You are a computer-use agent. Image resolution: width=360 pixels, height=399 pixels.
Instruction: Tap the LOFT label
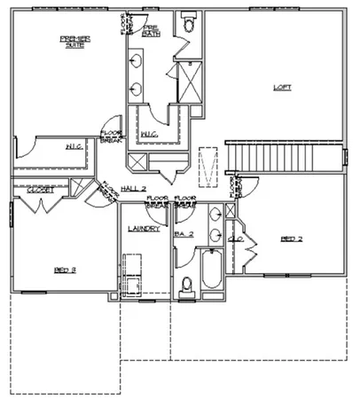pos(281,87)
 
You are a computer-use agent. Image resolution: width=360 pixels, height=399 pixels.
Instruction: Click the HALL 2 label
pos(133,189)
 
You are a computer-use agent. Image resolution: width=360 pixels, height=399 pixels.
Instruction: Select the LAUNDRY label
pos(144,228)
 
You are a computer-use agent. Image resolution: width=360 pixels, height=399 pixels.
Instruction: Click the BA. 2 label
pos(184,234)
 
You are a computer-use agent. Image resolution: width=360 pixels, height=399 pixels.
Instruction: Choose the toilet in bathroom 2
pos(185,286)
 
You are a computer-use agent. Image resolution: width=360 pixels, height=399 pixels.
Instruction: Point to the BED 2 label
pos(293,239)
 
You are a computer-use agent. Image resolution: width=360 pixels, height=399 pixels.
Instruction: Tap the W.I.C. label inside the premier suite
pos(74,145)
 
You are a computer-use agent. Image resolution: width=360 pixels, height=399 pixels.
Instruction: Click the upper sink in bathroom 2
pos(216,217)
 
